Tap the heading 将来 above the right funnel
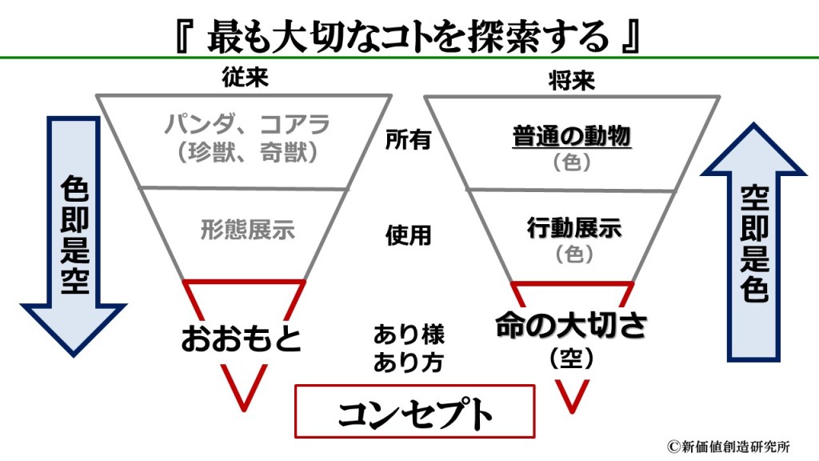(572, 80)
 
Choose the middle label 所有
(408, 140)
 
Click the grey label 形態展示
(248, 230)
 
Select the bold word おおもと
(241, 338)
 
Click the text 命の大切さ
(571, 327)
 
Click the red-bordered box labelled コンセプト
(413, 411)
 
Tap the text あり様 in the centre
(409, 333)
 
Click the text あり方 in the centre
(409, 361)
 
